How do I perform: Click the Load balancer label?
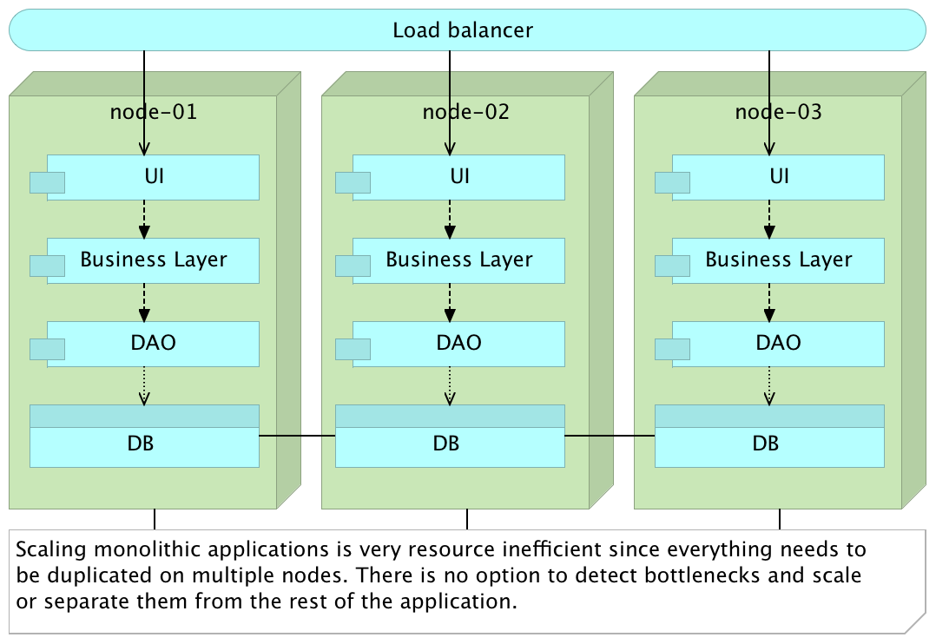tap(462, 30)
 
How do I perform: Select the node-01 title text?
tap(154, 112)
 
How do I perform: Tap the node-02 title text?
tap(466, 112)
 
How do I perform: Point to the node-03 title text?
tap(779, 112)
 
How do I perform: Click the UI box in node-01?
tap(154, 177)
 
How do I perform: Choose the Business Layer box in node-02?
tap(458, 260)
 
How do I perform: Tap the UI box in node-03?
tap(779, 177)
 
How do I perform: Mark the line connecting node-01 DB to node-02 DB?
tap(297, 436)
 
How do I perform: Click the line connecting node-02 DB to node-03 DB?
tap(610, 436)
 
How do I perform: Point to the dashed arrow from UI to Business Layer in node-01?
tap(144, 219)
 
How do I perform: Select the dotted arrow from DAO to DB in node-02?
tap(450, 385)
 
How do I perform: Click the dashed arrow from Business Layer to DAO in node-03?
tap(769, 302)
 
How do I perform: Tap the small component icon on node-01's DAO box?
tap(48, 349)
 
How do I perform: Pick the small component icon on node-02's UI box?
tap(353, 182)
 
